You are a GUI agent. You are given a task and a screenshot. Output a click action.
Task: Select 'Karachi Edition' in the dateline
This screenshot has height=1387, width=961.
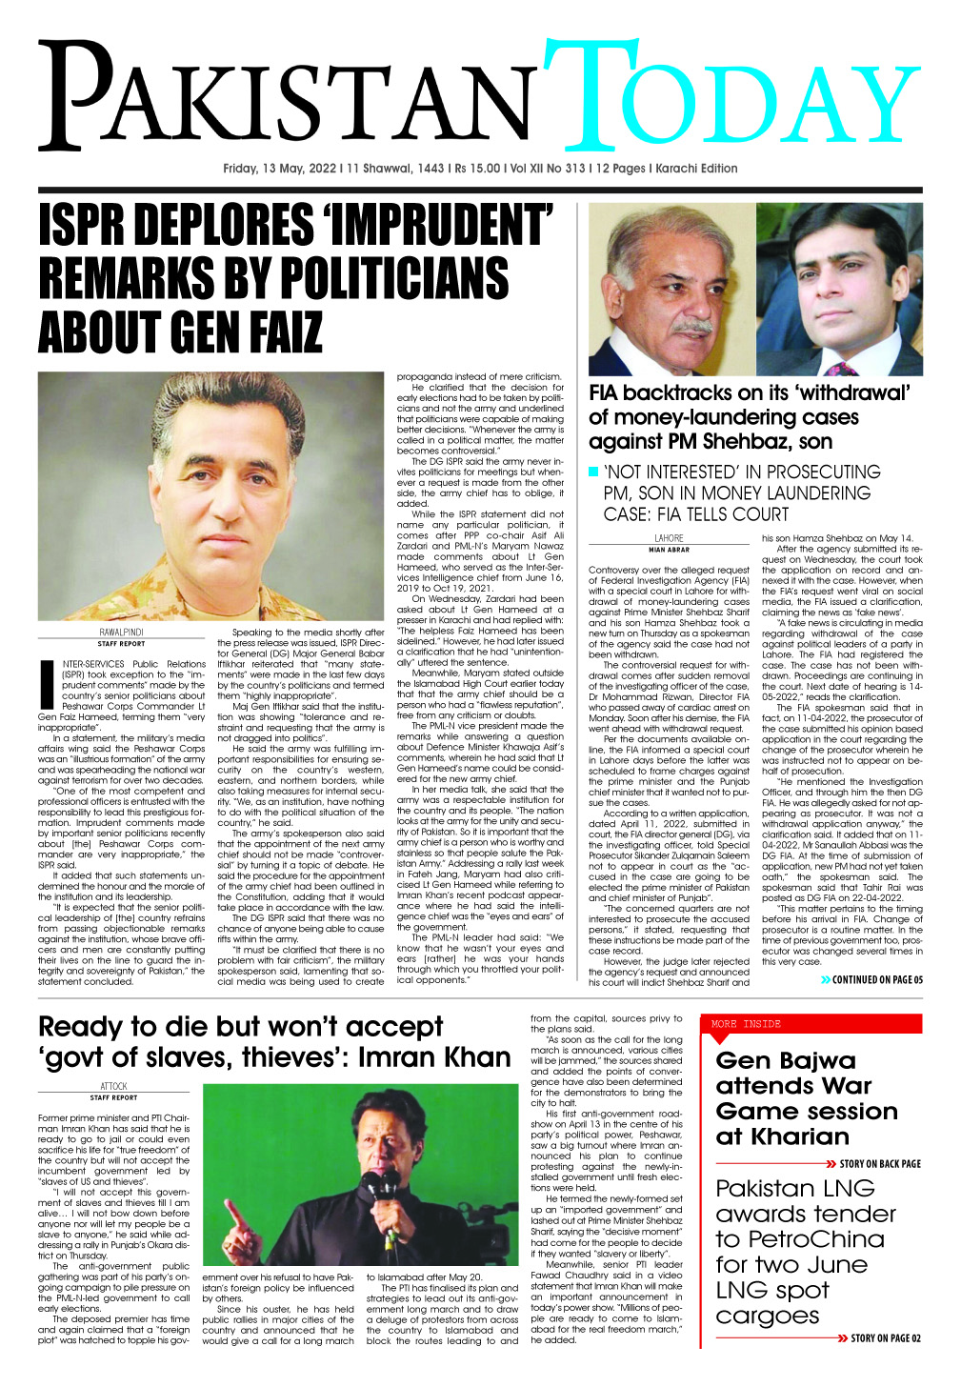click(695, 169)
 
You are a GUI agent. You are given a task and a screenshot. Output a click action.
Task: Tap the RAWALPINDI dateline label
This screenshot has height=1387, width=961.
click(121, 632)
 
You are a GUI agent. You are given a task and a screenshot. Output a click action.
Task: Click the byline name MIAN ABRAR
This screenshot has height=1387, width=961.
click(669, 550)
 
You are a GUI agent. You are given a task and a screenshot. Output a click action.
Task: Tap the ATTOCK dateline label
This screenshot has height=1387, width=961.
click(113, 1086)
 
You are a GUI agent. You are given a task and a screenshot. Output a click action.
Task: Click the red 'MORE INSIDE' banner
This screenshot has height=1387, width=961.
click(746, 1024)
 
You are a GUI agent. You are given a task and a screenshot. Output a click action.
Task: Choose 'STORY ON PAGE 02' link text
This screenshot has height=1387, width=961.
click(884, 1338)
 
